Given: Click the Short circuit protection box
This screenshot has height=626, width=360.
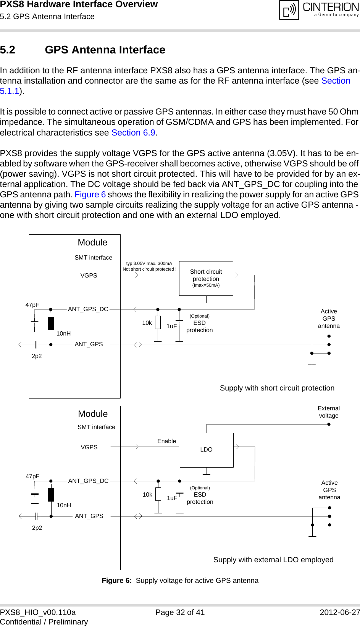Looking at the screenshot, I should [206, 278].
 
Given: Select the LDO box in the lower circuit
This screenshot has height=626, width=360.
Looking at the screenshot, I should [207, 450].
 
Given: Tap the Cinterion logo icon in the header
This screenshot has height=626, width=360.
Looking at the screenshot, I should [289, 10].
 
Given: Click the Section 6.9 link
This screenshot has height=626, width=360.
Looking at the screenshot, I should [133, 133].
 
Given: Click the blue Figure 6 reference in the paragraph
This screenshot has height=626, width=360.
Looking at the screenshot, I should [90, 195].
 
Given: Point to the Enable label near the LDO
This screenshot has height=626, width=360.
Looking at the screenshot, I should [167, 441].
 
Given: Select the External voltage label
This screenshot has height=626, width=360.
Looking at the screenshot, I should [329, 412].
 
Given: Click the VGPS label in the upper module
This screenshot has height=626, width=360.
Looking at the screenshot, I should [89, 276].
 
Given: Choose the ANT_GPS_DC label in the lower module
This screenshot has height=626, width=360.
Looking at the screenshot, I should [88, 481].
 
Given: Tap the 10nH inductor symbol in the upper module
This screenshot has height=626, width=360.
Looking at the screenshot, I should [51, 323].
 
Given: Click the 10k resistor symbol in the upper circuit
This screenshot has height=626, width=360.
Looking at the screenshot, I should [158, 323].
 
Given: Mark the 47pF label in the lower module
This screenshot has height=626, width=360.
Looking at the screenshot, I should [32, 476].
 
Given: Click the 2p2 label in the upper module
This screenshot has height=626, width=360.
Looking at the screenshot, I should [37, 356].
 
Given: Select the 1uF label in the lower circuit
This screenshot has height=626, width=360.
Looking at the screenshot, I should [172, 498].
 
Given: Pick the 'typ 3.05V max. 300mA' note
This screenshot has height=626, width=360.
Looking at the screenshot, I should [149, 263].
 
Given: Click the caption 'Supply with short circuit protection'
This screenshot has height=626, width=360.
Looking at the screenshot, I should [277, 388].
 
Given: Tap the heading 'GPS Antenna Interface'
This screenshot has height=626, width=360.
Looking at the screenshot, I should [105, 50].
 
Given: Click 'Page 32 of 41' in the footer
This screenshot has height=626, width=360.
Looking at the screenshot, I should [180, 612].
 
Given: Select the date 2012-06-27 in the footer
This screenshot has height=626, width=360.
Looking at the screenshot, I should [339, 612].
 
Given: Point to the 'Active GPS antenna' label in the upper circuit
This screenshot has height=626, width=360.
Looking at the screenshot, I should [329, 319].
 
